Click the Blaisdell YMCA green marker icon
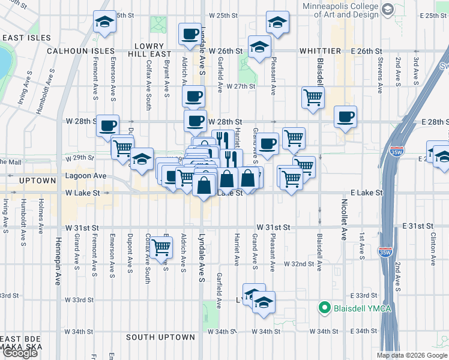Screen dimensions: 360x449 coord(325,308)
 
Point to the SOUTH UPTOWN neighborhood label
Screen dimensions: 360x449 coord(160,337)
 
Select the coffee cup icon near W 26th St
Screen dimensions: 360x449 coord(190,34)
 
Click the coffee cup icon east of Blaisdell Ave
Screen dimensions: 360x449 coord(345,117)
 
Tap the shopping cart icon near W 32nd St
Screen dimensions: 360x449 coord(160,246)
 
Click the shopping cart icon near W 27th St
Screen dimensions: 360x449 coord(313,97)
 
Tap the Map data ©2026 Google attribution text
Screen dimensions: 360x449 coord(412,355)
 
